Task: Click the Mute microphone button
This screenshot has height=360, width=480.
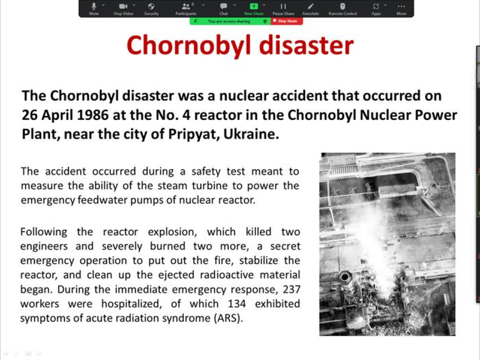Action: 94,8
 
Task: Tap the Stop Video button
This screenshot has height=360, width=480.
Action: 123,8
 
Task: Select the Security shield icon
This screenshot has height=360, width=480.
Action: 151,8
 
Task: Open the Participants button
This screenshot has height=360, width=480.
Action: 186,8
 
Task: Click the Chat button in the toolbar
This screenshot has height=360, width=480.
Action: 224,8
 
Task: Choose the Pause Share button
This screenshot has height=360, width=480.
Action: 283,8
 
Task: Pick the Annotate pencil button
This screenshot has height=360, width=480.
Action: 310,8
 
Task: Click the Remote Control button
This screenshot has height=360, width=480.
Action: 343,8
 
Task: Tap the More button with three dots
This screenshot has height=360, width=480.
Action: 401,8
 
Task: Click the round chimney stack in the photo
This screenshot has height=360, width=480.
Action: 345,277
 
